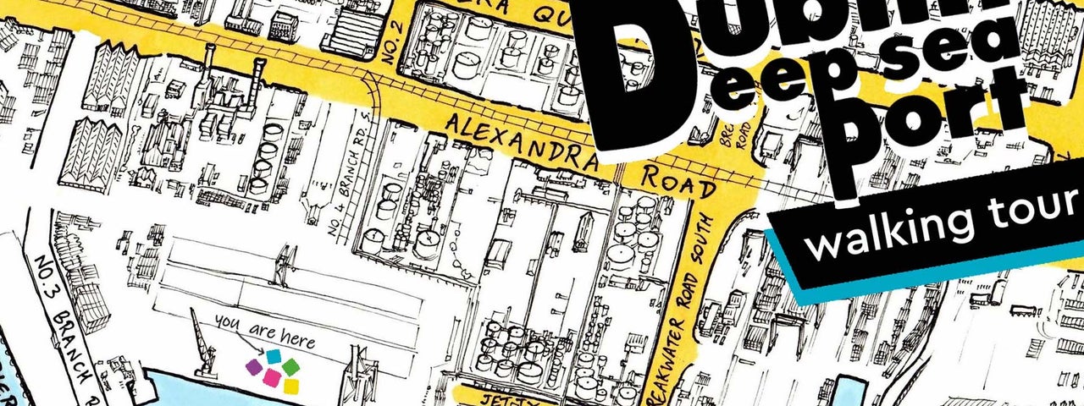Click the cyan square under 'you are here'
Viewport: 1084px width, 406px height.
[274, 357]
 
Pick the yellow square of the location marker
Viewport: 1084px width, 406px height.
[291, 387]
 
